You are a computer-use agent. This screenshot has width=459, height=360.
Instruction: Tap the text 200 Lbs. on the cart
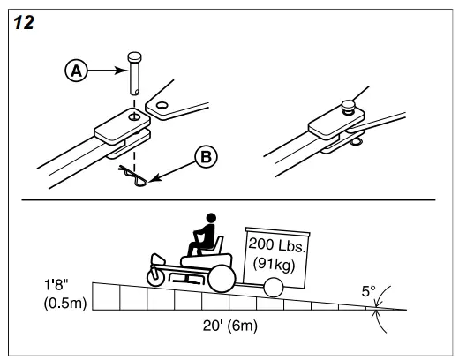tap(275, 244)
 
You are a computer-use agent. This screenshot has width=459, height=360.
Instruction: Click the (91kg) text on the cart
tap(275, 262)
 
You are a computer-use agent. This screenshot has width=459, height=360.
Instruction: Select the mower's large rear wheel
tap(221, 280)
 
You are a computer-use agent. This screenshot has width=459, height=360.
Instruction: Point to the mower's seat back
tap(215, 244)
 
